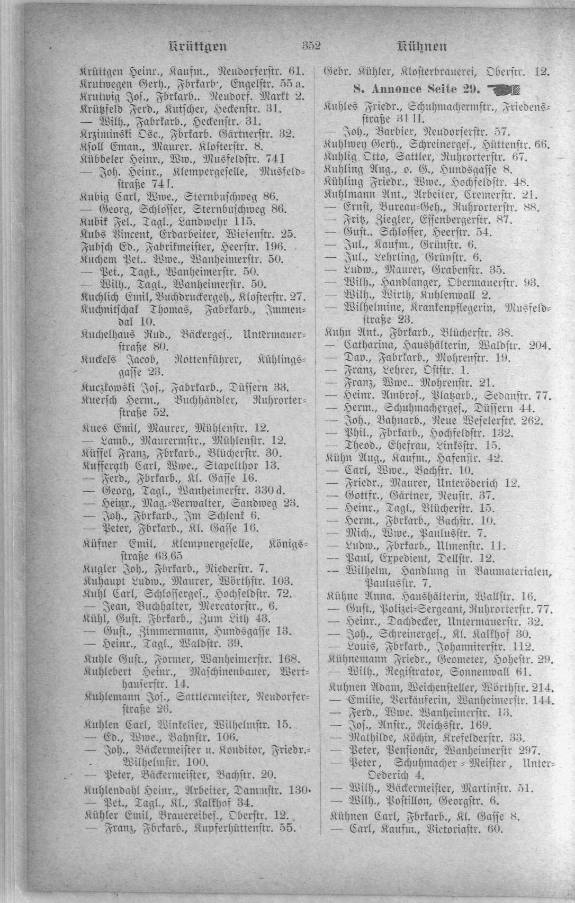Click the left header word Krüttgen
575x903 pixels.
click(x=197, y=46)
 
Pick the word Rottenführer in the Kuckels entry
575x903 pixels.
click(x=208, y=360)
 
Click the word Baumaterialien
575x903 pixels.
click(x=510, y=571)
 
